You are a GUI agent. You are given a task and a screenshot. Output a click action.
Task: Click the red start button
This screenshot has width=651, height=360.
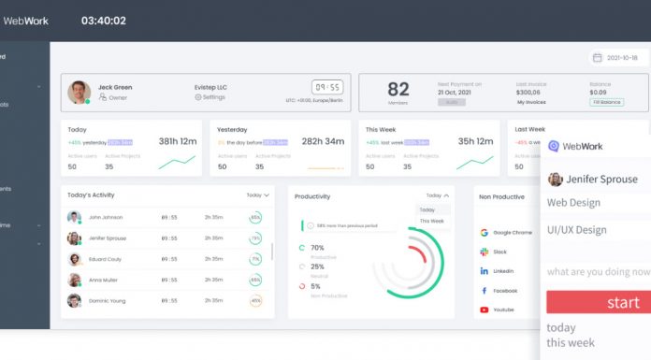click(x=599, y=302)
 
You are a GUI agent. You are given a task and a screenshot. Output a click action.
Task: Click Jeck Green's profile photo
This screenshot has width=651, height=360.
click(x=79, y=92)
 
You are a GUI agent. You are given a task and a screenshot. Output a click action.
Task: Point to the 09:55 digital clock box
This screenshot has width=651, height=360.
click(x=325, y=87)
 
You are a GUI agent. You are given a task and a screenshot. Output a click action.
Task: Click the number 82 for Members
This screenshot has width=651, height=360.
click(x=398, y=89)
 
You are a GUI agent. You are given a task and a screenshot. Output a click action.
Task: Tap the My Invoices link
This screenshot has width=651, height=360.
click(x=532, y=102)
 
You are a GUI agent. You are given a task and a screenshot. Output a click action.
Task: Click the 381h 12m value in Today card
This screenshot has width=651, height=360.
click(x=177, y=141)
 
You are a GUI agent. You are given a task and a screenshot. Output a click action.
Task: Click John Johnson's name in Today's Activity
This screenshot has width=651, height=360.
click(x=106, y=217)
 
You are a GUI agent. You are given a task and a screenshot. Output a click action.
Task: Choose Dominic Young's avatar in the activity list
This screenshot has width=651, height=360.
click(x=74, y=300)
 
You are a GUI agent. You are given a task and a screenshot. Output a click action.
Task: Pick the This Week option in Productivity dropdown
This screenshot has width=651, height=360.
click(x=432, y=221)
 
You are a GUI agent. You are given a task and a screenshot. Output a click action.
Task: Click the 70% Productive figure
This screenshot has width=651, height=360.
click(x=317, y=248)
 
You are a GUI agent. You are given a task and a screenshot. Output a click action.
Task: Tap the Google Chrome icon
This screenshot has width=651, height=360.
click(x=485, y=232)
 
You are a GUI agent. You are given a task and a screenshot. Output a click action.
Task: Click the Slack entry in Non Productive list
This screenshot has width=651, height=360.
click(x=499, y=252)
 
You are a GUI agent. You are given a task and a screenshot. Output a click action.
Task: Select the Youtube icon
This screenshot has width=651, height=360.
click(x=485, y=310)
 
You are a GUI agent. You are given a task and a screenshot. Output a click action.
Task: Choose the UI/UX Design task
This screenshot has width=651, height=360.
click(x=577, y=230)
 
